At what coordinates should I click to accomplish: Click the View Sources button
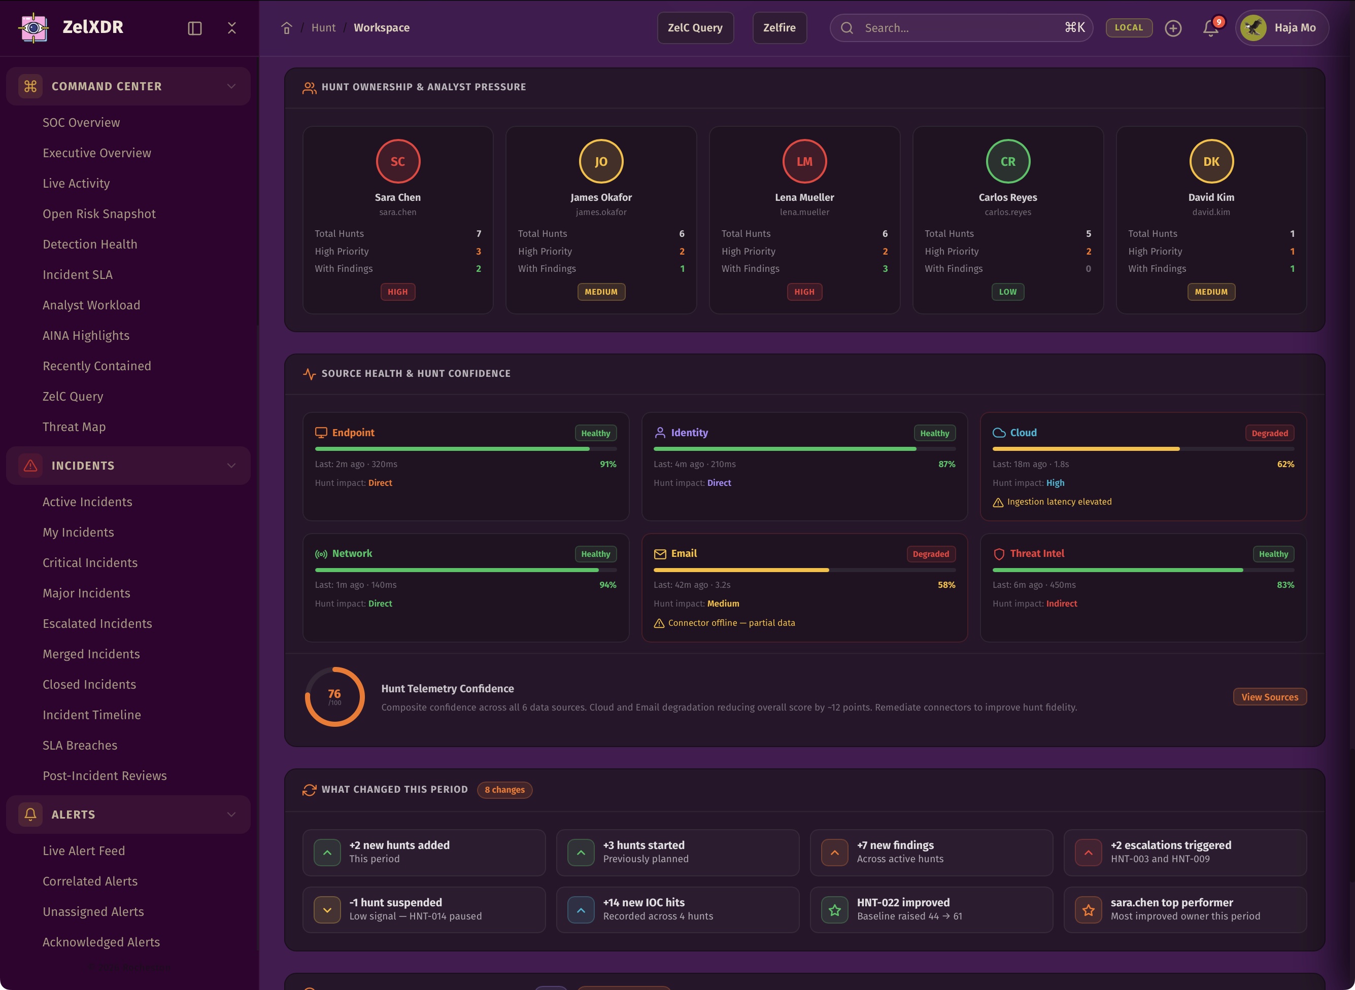pos(1269,697)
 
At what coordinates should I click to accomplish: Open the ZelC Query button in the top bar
pos(695,27)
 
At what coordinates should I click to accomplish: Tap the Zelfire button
pos(779,27)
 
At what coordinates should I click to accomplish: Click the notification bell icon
pos(1210,28)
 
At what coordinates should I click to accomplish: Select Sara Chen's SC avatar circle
pos(397,161)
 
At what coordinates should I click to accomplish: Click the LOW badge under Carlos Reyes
pos(1007,292)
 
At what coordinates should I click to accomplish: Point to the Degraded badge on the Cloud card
pos(1269,433)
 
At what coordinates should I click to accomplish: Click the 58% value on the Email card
pos(946,585)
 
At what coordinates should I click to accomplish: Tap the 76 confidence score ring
pos(334,696)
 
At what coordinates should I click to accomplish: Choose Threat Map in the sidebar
pos(74,427)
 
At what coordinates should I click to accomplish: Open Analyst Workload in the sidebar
pos(91,305)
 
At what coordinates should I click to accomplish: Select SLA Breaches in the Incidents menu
pos(80,745)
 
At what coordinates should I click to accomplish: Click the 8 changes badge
pos(504,790)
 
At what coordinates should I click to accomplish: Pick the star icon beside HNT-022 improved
pos(834,910)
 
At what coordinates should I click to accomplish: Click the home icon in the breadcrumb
pos(287,28)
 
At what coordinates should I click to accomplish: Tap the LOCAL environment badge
pos(1128,27)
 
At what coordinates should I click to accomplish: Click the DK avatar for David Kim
pos(1210,161)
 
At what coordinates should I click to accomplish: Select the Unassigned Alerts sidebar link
pos(93,911)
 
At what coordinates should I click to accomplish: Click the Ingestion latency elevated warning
pos(1058,502)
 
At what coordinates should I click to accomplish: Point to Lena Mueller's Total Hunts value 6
pos(885,234)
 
